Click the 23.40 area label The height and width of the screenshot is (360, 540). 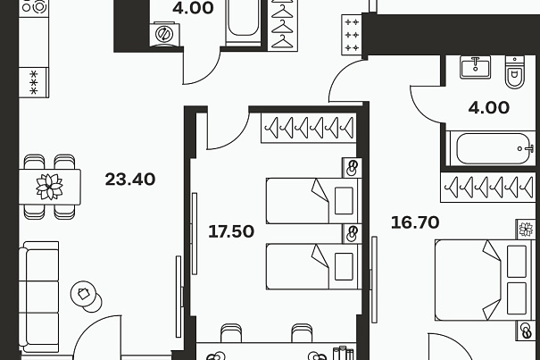130,180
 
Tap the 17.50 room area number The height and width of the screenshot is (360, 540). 231,231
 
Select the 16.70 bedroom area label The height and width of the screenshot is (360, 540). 415,222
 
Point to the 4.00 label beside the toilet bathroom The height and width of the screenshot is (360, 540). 489,108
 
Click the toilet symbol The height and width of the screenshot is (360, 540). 514,72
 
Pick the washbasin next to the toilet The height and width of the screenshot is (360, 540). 475,67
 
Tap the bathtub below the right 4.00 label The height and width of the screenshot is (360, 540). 490,148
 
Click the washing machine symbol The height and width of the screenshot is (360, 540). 164,34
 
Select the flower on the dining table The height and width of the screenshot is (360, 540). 50,187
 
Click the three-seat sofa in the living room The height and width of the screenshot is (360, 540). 39,297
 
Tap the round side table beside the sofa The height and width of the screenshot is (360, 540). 86,296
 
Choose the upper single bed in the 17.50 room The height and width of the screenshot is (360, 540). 314,201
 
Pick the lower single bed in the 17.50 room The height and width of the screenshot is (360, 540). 314,266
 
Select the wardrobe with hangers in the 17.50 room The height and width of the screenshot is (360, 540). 309,128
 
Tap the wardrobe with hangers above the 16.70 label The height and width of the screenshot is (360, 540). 488,188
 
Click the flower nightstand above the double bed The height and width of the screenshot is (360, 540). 526,230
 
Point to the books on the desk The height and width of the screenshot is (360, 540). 344,353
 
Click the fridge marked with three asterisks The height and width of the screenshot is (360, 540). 34,82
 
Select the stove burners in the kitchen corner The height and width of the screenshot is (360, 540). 34,7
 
